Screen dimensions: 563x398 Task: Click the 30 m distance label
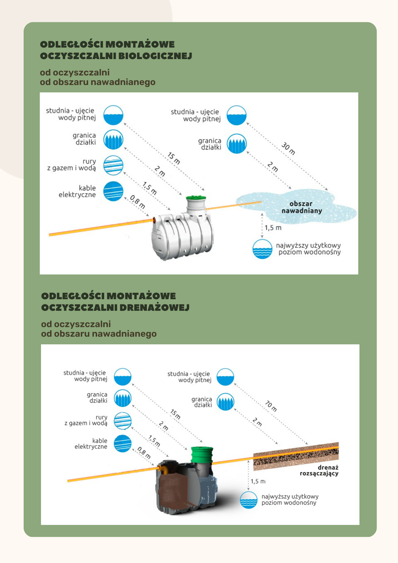(288, 149)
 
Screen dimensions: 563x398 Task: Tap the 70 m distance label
(271, 406)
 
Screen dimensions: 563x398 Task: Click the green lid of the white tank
(196, 198)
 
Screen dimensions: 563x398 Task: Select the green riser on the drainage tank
(202, 454)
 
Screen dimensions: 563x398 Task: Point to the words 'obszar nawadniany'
(301, 207)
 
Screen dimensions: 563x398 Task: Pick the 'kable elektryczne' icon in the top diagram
(113, 191)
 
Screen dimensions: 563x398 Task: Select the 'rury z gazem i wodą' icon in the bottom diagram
(122, 421)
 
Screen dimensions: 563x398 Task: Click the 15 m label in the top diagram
(174, 158)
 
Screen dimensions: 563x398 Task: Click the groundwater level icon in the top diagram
(262, 249)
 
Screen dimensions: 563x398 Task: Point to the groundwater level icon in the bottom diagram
(249, 500)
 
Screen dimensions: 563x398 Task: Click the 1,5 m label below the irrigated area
(273, 228)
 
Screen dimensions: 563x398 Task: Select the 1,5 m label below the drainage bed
(258, 481)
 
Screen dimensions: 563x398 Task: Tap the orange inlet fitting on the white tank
(154, 220)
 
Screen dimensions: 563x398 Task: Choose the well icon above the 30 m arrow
(236, 115)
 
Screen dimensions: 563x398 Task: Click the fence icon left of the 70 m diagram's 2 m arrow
(225, 402)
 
